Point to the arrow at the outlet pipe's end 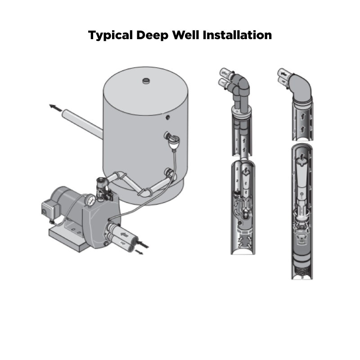(55, 108)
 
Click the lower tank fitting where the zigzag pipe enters (170, 172)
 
